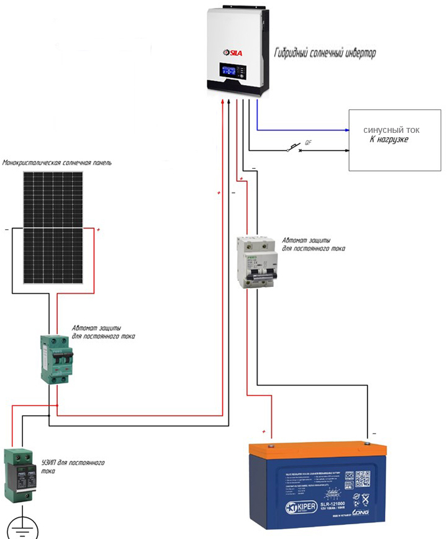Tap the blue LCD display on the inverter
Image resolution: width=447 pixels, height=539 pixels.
coord(229,69)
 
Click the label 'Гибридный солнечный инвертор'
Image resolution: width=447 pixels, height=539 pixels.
coord(325,54)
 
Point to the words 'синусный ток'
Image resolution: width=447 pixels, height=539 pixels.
coord(391,130)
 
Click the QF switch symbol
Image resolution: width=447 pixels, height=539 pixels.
coord(294,148)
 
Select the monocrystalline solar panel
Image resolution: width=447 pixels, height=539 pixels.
coord(53,227)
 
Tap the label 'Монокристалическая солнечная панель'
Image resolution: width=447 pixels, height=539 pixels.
coord(57,163)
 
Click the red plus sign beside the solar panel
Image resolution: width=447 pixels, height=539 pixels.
coord(98,230)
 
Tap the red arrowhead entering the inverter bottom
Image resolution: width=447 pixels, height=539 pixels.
coord(222,104)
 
